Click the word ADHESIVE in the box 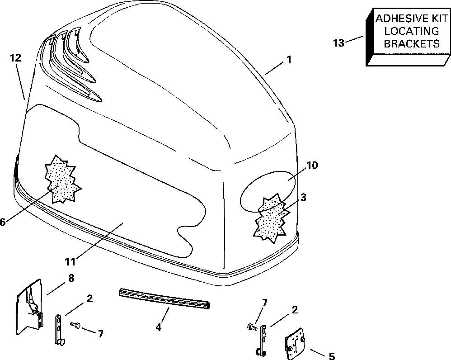(397, 19)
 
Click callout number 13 (338, 43)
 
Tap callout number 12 (15, 57)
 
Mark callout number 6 (3, 222)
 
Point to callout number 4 (158, 327)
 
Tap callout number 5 (331, 356)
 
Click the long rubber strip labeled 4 (165, 298)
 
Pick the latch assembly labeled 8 (30, 305)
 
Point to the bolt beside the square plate (250, 326)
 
